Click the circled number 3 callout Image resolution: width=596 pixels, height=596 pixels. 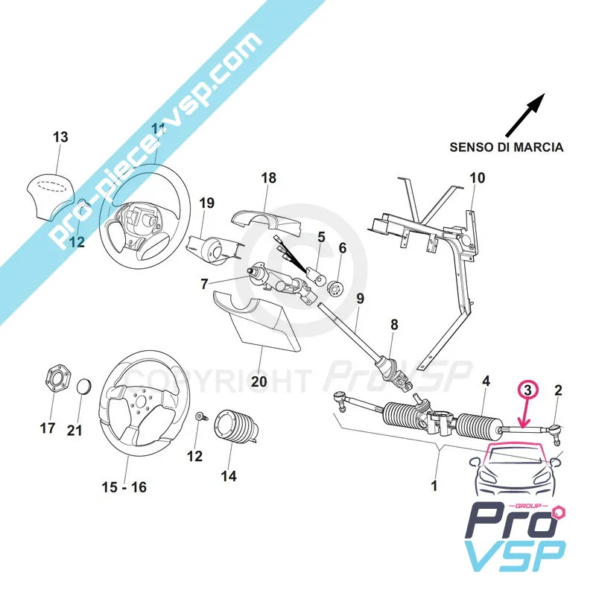527,389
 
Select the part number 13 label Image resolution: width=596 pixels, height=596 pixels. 60,137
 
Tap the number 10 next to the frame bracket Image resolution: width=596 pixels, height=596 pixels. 477,178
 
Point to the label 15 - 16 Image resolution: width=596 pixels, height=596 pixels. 125,487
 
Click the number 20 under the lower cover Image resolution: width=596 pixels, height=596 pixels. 259,381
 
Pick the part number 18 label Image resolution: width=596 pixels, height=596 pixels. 268,178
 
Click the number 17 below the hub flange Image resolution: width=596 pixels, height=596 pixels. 48,428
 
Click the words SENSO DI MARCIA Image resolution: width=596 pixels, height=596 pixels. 506,147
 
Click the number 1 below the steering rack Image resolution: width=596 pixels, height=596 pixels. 434,486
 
